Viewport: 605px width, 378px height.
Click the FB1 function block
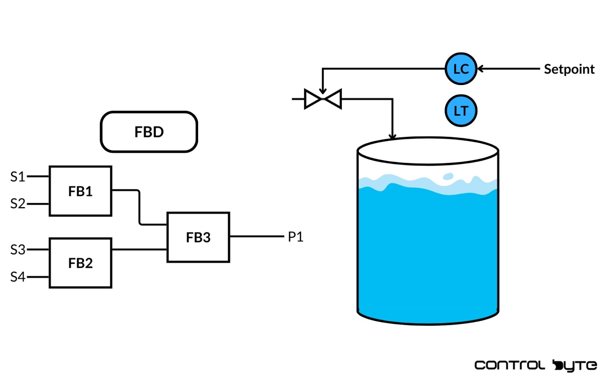[80, 191]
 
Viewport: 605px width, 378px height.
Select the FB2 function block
[80, 263]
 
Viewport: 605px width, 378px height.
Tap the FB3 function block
[198, 237]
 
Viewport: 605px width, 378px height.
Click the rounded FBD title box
[149, 132]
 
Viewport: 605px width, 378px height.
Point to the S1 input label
[18, 177]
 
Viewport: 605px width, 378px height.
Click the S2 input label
[18, 204]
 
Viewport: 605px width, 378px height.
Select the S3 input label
[18, 250]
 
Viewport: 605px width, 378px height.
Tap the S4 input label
[18, 277]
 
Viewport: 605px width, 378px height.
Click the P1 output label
[295, 237]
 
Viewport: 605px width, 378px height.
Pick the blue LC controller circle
[461, 69]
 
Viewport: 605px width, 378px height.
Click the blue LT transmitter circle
[461, 111]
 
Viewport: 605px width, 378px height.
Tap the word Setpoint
[569, 69]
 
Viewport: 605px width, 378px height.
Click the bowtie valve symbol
[323, 99]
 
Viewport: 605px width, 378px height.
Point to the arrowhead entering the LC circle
[481, 69]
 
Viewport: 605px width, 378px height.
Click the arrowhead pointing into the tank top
[392, 136]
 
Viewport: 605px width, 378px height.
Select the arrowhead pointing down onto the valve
[323, 91]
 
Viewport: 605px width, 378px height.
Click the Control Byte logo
[536, 365]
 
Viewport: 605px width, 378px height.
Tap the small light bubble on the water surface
[448, 176]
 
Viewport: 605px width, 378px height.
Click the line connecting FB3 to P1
[256, 237]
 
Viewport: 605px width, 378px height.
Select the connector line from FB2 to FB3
[139, 250]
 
